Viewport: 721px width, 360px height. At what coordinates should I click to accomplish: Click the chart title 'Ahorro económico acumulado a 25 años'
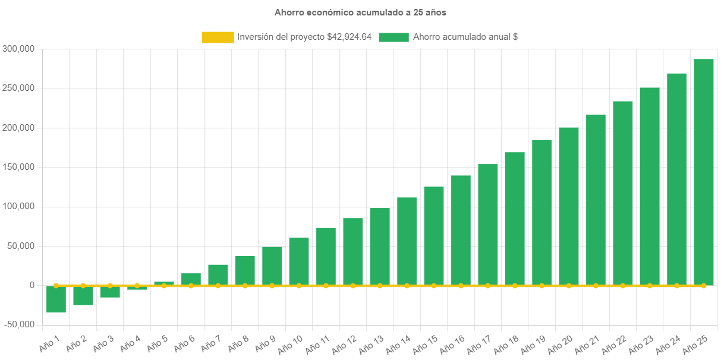pyautogui.click(x=360, y=12)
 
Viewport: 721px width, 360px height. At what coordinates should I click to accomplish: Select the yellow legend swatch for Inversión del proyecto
pyautogui.click(x=218, y=37)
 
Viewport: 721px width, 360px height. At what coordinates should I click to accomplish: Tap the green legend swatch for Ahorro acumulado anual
pyautogui.click(x=393, y=37)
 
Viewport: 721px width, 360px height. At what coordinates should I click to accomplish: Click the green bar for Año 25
pyautogui.click(x=704, y=172)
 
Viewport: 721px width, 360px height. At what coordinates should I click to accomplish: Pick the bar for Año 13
pyautogui.click(x=380, y=247)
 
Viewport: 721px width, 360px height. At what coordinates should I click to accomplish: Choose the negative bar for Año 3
pyautogui.click(x=110, y=292)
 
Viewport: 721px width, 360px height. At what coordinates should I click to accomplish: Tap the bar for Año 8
pyautogui.click(x=245, y=270)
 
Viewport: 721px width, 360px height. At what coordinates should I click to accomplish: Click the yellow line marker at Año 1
pyautogui.click(x=56, y=286)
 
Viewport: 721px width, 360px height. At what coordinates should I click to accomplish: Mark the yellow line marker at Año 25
pyautogui.click(x=704, y=286)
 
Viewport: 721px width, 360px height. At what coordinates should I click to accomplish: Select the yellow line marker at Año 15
pyautogui.click(x=434, y=286)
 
